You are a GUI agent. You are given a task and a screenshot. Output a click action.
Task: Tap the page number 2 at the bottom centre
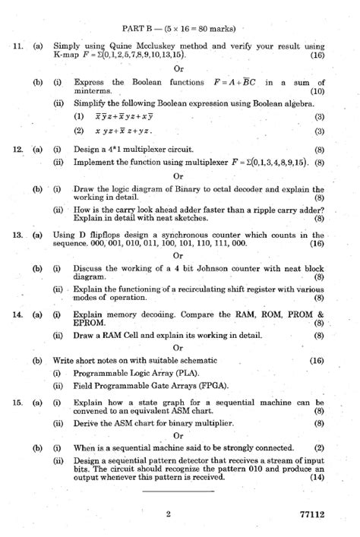pyautogui.click(x=168, y=514)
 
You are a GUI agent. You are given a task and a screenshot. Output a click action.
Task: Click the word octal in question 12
pyautogui.click(x=212, y=190)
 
